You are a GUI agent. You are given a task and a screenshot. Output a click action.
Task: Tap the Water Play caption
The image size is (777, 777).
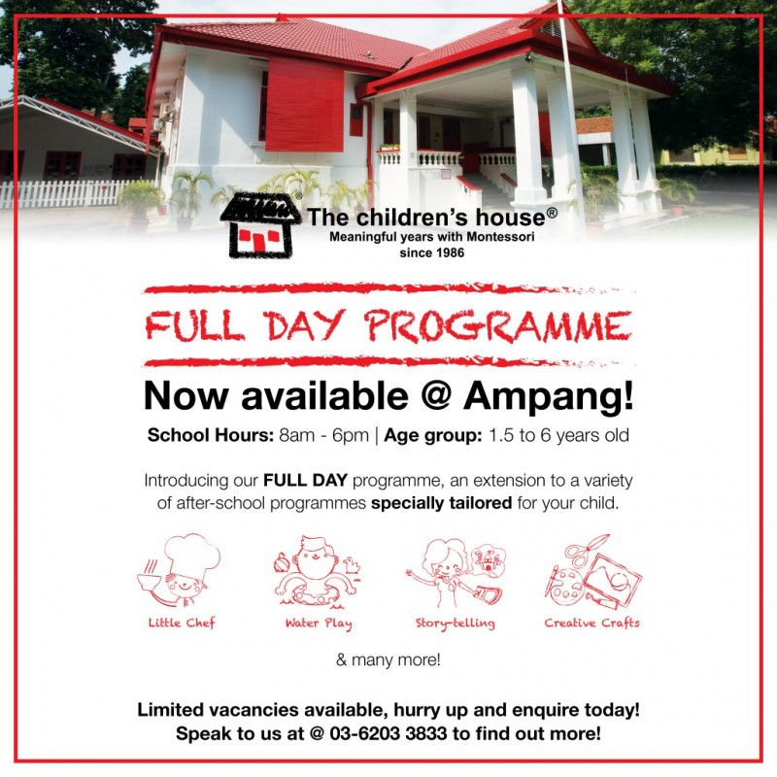[x=318, y=623]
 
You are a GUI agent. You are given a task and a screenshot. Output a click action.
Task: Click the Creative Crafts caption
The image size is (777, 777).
[x=591, y=623]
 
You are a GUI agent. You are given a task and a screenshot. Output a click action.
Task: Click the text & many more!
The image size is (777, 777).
[x=388, y=660]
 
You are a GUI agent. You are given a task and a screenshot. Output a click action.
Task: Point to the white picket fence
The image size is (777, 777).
[x=58, y=192]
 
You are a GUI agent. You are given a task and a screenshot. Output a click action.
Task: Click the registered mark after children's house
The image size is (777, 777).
[x=552, y=211]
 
